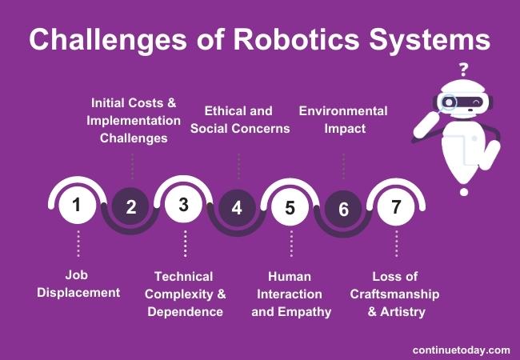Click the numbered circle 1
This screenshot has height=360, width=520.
(x=77, y=206)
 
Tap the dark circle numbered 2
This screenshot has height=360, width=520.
(x=131, y=208)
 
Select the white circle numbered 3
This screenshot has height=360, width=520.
(x=183, y=206)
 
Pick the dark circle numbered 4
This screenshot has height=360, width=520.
(x=237, y=208)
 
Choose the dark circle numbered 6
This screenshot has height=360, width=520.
(x=343, y=209)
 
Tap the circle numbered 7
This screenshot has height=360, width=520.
(x=395, y=206)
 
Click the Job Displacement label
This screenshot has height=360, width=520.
(x=78, y=284)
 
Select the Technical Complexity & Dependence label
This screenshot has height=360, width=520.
(x=185, y=294)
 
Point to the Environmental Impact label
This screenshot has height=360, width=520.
(x=343, y=119)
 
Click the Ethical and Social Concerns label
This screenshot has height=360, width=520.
(x=239, y=119)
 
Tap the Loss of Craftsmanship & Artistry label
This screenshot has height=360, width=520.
(x=395, y=294)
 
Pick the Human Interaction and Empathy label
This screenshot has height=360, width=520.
(x=290, y=294)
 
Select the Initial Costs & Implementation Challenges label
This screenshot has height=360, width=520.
(x=134, y=120)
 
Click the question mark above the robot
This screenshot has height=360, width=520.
(x=463, y=68)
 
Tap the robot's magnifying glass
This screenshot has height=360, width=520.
(x=449, y=103)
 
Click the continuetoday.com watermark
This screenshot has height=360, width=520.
(x=461, y=350)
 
